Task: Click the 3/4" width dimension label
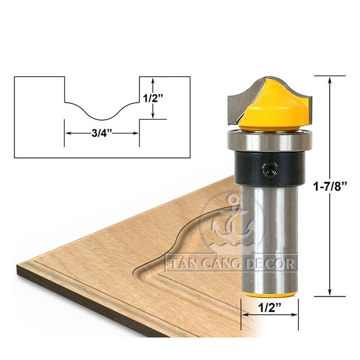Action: (x=102, y=133)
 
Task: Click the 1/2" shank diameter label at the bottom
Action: (x=269, y=309)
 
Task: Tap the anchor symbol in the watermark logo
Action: (x=230, y=219)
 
